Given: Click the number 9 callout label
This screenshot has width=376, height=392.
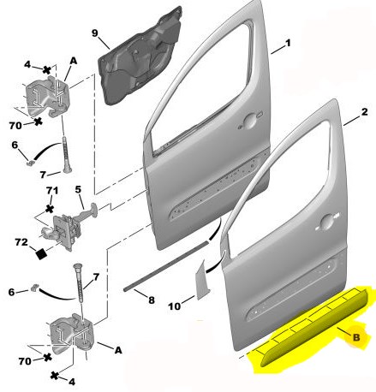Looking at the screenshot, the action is pyautogui.click(x=95, y=33).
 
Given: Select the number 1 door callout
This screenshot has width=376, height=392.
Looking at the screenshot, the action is pyautogui.click(x=288, y=43).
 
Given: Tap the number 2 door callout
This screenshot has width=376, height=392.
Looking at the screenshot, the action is pyautogui.click(x=364, y=112).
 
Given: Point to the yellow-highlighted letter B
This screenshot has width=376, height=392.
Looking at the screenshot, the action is pyautogui.click(x=356, y=337).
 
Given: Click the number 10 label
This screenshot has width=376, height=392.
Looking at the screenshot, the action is pyautogui.click(x=174, y=306).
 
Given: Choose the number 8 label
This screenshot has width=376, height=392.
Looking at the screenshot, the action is pyautogui.click(x=152, y=300).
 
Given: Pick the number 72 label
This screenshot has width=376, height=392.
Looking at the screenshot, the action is pyautogui.click(x=21, y=242).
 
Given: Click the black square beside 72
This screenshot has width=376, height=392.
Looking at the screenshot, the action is pyautogui.click(x=41, y=253).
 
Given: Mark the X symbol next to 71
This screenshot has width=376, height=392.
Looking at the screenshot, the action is pyautogui.click(x=50, y=209).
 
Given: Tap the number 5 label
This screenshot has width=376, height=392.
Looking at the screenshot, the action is pyautogui.click(x=78, y=189).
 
